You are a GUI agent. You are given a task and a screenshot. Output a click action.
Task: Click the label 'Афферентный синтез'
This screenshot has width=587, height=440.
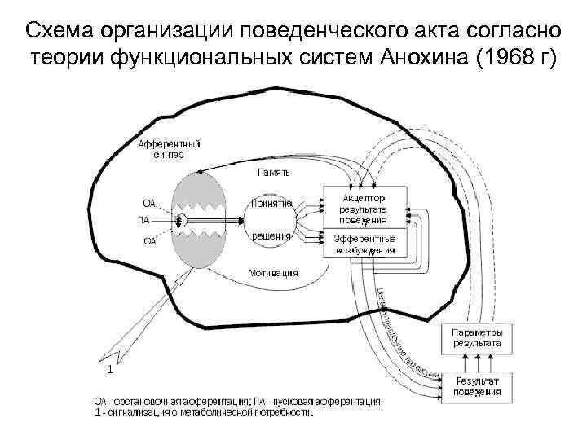click(x=169, y=149)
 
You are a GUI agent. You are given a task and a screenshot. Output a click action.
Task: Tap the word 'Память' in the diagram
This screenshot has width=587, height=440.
click(x=274, y=173)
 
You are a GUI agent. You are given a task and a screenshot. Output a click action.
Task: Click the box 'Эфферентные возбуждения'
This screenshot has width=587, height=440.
click(x=365, y=244)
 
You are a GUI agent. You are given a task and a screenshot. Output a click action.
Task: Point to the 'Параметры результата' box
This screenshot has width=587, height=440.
click(x=478, y=338)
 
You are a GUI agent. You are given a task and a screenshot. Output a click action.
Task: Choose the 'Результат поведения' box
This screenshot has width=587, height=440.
click(x=478, y=386)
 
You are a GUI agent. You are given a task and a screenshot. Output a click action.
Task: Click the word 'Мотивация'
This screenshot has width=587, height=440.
click(x=272, y=273)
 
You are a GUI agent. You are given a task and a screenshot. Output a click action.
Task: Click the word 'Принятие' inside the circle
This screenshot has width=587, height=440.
click(x=272, y=203)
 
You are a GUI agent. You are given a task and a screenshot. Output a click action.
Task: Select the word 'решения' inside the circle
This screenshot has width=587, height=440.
click(x=271, y=235)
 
